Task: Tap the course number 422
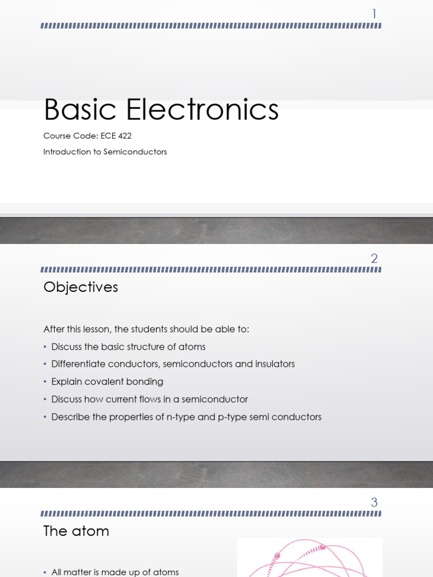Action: (125, 136)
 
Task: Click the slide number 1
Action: (374, 14)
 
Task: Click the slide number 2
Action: (374, 259)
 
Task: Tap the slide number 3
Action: (374, 502)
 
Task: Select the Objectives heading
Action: (81, 287)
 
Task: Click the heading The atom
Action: (76, 531)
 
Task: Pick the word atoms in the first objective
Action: (192, 347)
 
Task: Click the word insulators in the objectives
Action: (274, 364)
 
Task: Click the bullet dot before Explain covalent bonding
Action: (45, 382)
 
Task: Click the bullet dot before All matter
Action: (45, 572)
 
